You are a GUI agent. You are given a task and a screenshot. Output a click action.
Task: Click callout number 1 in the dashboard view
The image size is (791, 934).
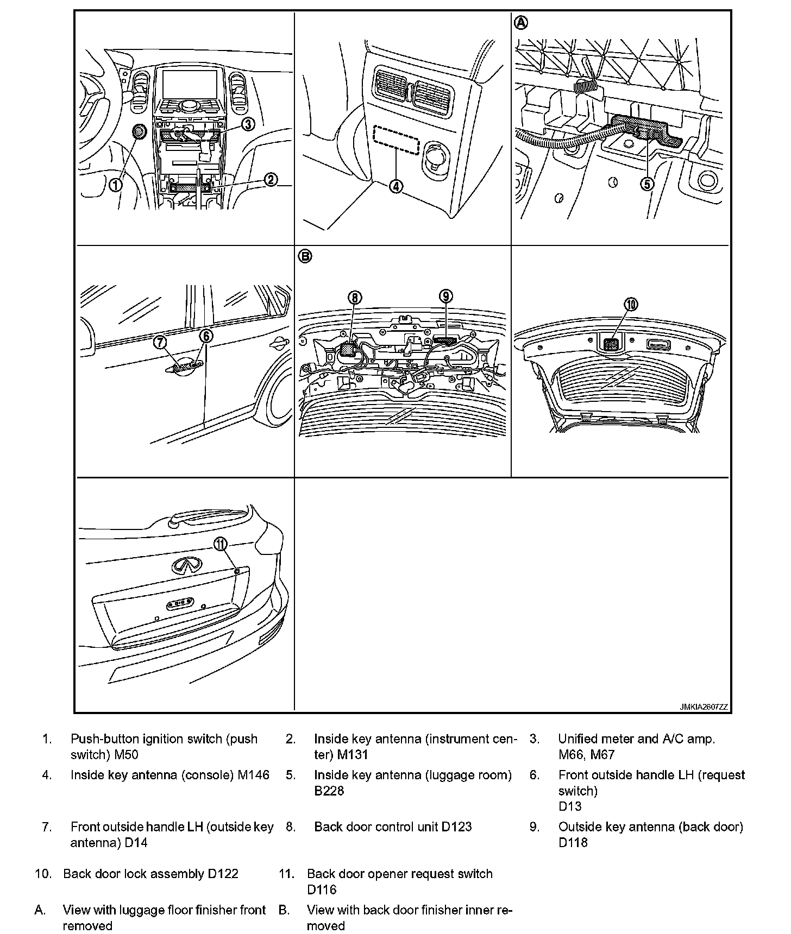115,185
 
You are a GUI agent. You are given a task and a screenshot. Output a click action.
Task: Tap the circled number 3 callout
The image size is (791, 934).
248,124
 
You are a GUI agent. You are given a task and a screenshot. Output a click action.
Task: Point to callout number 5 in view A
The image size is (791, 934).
646,184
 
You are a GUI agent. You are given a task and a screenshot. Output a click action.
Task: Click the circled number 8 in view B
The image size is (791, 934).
354,297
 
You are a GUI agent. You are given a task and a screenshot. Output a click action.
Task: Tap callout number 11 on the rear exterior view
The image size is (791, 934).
220,544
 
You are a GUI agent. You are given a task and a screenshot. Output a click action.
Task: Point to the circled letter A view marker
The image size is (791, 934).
521,22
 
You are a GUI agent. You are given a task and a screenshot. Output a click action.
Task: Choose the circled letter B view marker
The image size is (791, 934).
305,256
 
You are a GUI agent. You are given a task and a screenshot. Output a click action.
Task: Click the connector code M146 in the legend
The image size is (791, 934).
254,775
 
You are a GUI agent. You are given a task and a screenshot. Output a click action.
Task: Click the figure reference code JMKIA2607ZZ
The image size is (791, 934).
704,707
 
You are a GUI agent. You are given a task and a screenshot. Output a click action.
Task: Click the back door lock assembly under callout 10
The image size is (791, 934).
611,344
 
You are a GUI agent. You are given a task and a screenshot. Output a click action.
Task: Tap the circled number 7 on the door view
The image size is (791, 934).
160,342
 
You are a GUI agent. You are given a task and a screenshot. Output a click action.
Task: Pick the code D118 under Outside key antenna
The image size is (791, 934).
573,843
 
